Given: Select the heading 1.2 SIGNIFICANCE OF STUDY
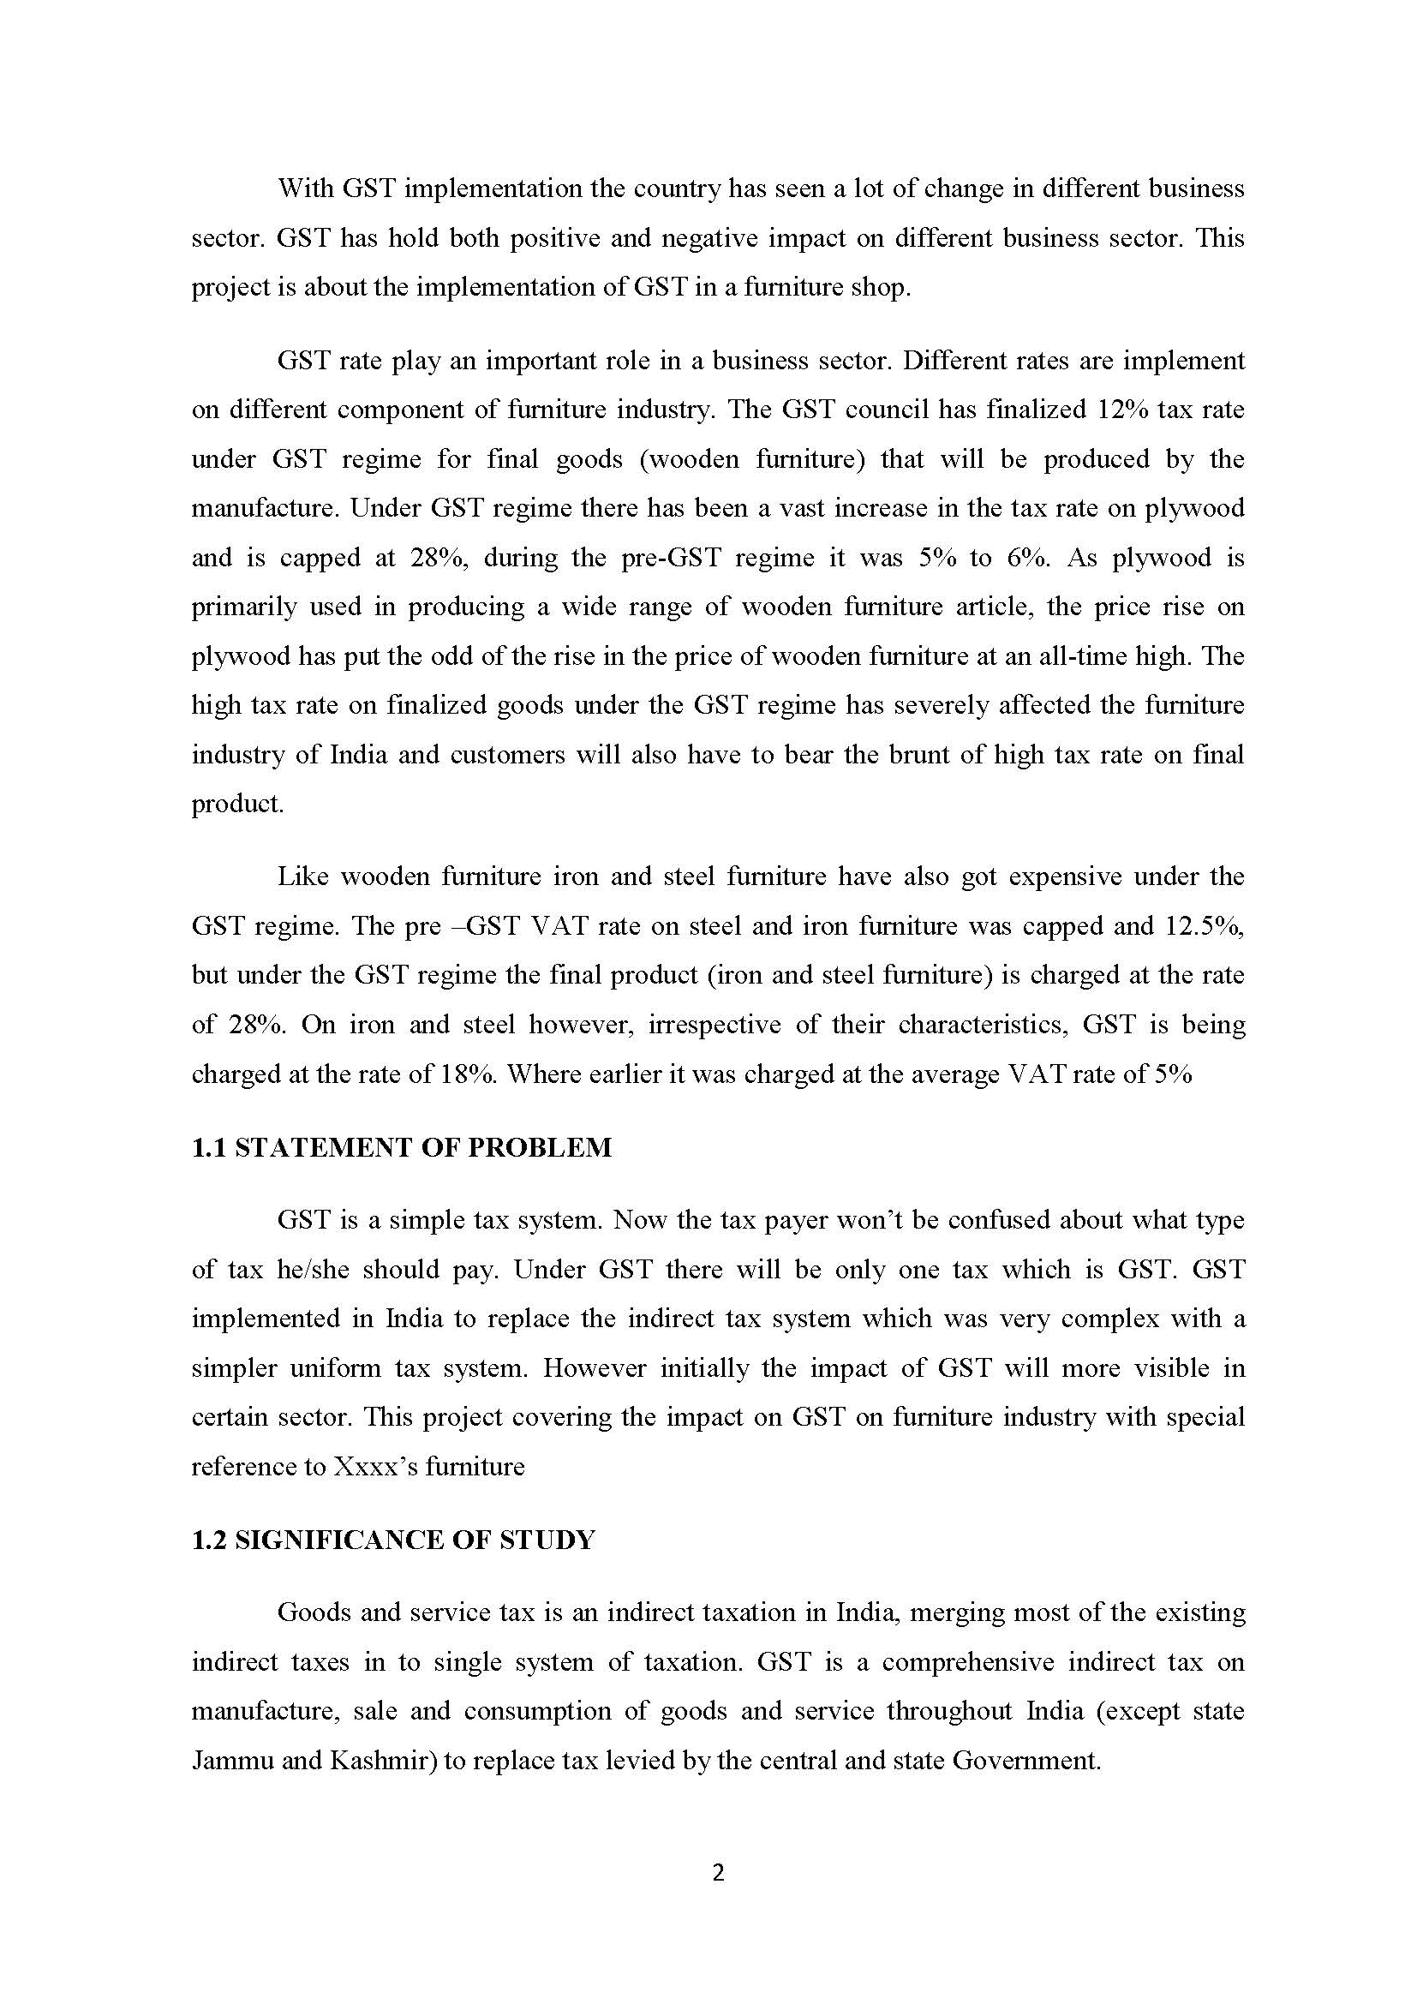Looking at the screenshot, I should click(392, 1540).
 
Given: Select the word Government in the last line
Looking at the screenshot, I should click(1026, 1761).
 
